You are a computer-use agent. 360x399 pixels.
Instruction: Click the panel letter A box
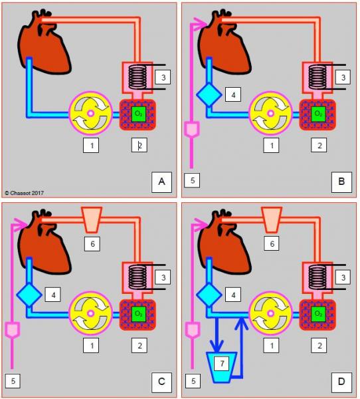point(161,182)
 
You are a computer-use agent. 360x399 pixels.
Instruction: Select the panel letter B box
point(341,182)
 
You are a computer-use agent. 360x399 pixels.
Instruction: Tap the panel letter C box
point(161,382)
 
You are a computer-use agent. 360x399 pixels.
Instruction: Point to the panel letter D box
point(341,382)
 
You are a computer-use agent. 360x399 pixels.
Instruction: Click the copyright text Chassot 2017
point(25,193)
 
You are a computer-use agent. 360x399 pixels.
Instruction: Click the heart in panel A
point(43,42)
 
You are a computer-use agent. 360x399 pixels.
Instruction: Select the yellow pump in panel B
point(270,113)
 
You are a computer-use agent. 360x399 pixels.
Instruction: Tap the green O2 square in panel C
point(139,314)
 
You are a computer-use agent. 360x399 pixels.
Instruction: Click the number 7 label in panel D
point(222,363)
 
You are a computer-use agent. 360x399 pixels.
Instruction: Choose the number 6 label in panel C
point(92,244)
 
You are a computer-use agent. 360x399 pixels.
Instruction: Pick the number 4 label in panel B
point(233,95)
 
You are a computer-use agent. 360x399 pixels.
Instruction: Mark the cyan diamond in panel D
point(209,295)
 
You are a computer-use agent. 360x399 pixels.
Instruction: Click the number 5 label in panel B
point(192,180)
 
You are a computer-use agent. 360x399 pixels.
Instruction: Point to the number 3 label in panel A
point(163,77)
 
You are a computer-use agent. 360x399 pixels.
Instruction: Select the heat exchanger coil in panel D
point(317,277)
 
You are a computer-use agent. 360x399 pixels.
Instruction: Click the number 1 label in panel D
point(271,346)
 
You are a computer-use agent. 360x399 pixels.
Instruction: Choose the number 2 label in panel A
point(139,145)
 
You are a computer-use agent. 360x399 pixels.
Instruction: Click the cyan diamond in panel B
point(209,94)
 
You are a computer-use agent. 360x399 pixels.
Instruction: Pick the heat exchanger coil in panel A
point(137,77)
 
